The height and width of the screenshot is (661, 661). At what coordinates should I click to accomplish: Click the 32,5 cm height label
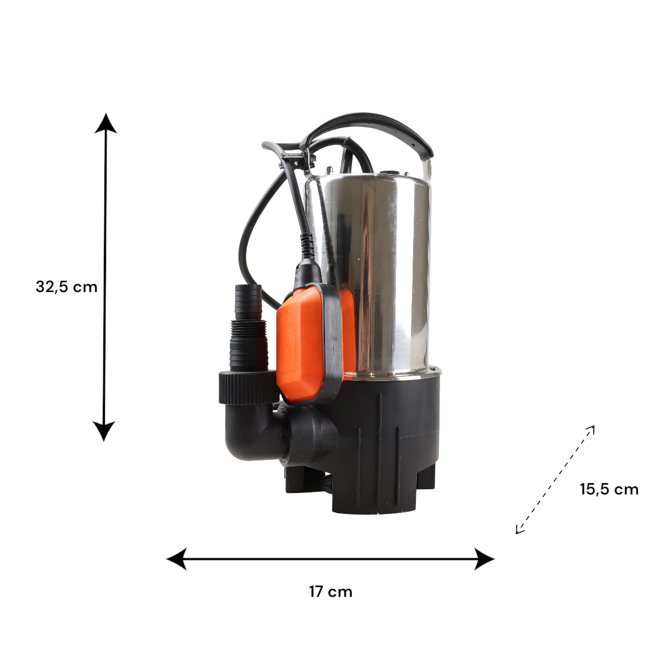67,287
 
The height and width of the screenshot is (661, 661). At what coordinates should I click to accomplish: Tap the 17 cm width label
330,592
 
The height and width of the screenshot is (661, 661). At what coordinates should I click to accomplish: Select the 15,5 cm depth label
609,490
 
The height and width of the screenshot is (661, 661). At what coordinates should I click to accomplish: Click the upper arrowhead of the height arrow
106,123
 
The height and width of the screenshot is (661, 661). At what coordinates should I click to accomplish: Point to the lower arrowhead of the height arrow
104,431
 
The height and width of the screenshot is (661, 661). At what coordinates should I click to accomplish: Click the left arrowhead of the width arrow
177,559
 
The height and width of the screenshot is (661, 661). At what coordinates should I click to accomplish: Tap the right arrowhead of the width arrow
484,559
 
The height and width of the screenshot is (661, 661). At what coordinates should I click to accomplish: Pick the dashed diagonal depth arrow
555,480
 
